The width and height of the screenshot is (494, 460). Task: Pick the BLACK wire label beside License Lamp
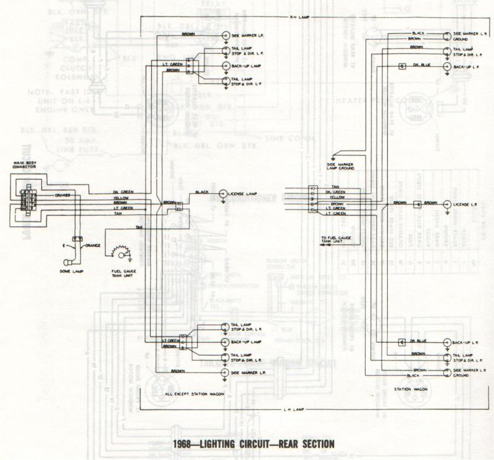click(202, 192)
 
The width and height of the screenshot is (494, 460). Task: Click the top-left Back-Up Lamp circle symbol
click(227, 65)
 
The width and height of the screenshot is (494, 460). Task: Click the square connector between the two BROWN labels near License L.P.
click(417, 203)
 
